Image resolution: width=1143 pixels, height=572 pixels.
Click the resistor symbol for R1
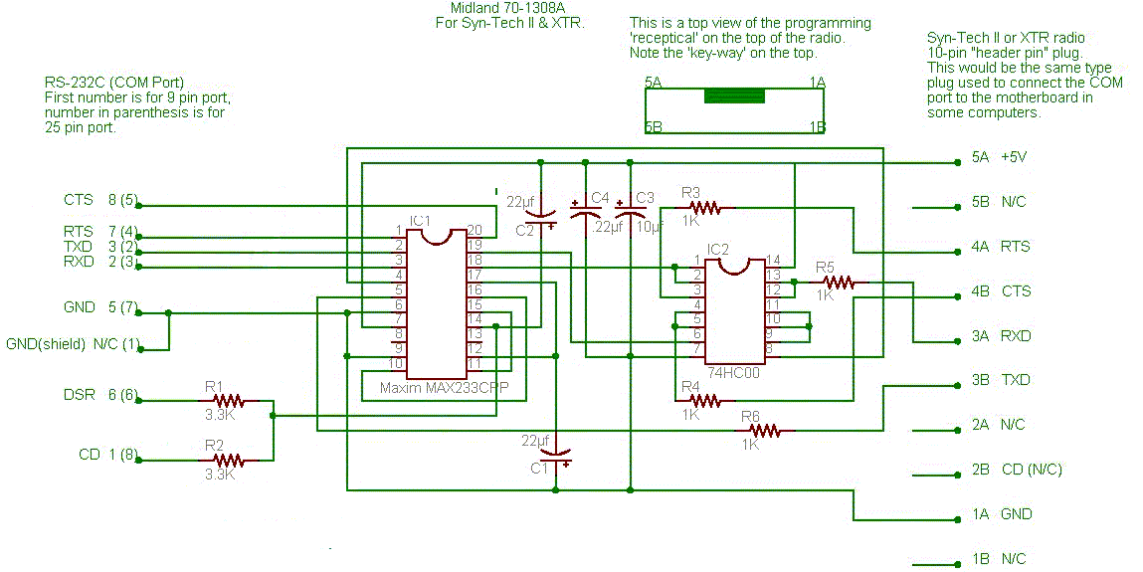pyautogui.click(x=229, y=401)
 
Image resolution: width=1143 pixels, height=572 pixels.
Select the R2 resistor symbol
pyautogui.click(x=229, y=461)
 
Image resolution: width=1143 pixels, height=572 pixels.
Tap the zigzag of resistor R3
pyautogui.click(x=705, y=208)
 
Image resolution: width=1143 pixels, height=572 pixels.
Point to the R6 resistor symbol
pyautogui.click(x=765, y=432)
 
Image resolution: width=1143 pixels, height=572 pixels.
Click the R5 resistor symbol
pyautogui.click(x=840, y=282)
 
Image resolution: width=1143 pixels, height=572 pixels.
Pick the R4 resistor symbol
pyautogui.click(x=705, y=401)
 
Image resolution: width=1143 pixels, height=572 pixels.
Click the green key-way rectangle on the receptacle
pyautogui.click(x=734, y=96)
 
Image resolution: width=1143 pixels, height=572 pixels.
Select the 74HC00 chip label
pyautogui.click(x=735, y=372)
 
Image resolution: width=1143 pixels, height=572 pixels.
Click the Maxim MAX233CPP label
pyautogui.click(x=444, y=388)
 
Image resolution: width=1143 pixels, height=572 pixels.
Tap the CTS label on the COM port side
pyautogui.click(x=78, y=200)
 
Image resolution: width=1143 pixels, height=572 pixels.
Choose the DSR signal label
pyautogui.click(x=79, y=395)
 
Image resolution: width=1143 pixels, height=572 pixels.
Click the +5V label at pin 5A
pyautogui.click(x=1014, y=156)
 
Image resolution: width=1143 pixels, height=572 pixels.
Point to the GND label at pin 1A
pyautogui.click(x=1016, y=514)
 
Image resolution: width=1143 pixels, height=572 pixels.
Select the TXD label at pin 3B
pyautogui.click(x=1016, y=380)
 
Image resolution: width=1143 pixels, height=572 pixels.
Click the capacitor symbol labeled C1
pyautogui.click(x=556, y=457)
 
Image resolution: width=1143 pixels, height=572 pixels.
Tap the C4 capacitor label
pyautogui.click(x=600, y=198)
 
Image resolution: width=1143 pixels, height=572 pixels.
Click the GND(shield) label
pyautogui.click(x=46, y=344)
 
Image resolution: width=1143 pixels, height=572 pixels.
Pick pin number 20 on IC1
pyautogui.click(x=475, y=230)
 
